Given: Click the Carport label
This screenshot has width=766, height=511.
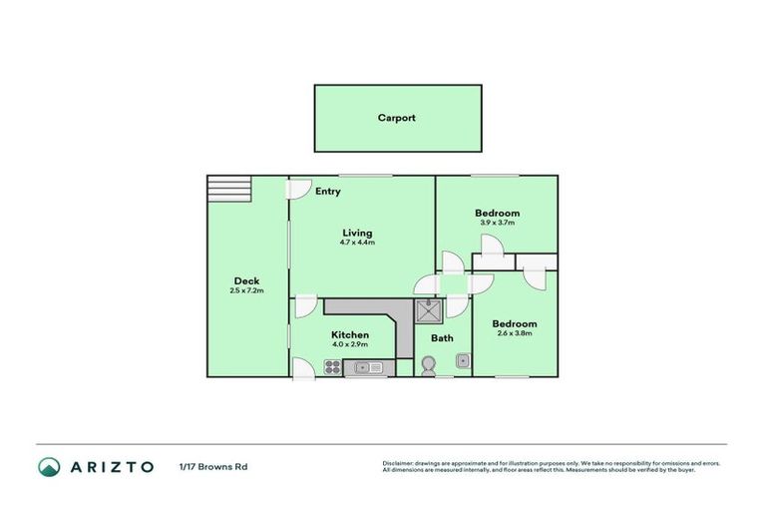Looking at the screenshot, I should pyautogui.click(x=396, y=118).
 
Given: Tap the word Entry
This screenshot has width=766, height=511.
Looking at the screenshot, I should pyautogui.click(x=327, y=192).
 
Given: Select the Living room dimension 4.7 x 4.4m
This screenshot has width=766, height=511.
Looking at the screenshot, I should pyautogui.click(x=356, y=243).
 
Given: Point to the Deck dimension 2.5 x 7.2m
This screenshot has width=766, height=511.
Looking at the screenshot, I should pyautogui.click(x=246, y=291).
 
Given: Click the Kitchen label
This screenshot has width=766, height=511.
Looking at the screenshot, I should pyautogui.click(x=350, y=334).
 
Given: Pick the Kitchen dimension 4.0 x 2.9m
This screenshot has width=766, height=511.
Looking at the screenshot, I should pyautogui.click(x=350, y=344).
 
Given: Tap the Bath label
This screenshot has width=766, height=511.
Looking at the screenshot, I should pyautogui.click(x=442, y=338).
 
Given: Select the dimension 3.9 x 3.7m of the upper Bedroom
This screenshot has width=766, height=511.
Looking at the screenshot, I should pyautogui.click(x=496, y=223).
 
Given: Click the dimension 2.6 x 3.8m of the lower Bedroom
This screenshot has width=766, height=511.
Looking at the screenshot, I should pyautogui.click(x=515, y=333).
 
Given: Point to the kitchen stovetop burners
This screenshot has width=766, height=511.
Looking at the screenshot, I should pyautogui.click(x=332, y=368).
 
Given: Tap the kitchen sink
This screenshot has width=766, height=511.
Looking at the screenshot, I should pyautogui.click(x=369, y=368).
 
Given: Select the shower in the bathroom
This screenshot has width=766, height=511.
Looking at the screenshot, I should pyautogui.click(x=429, y=311).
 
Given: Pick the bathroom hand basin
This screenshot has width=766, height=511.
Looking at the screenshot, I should pyautogui.click(x=463, y=361).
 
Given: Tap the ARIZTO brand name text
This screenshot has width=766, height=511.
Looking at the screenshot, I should pyautogui.click(x=112, y=466).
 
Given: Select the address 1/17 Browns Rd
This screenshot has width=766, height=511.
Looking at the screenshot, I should pyautogui.click(x=212, y=466).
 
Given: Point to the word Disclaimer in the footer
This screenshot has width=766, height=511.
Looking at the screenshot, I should pyautogui.click(x=399, y=463).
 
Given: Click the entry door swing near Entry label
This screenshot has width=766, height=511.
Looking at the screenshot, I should pyautogui.click(x=296, y=189).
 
